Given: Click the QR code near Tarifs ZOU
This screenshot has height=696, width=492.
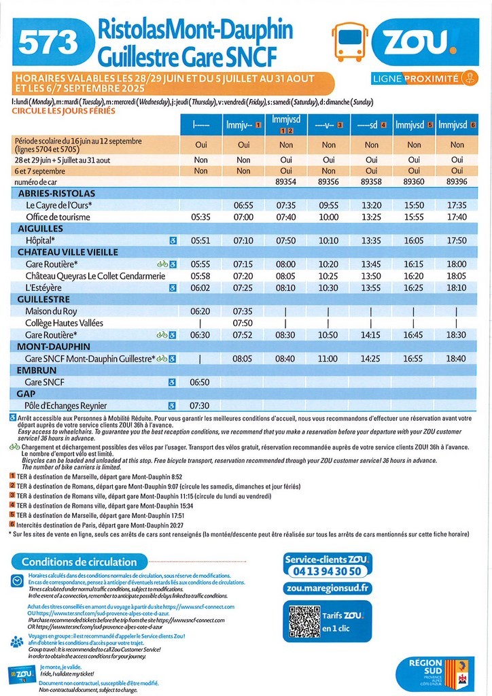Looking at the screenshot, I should point(303,620).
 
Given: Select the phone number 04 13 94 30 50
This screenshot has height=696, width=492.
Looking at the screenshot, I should point(328,571).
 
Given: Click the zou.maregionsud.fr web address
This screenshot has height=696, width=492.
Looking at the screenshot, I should point(328,589).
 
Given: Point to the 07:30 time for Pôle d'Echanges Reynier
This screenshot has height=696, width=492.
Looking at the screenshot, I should point(201,406).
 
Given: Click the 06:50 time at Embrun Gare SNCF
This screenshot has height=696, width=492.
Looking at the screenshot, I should point(201,383).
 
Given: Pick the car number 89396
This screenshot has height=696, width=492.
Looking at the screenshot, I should point(457,181).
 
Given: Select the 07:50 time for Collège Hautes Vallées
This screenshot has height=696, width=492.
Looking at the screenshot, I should point(243,323).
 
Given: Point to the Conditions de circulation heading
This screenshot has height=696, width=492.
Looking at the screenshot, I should point(79,562).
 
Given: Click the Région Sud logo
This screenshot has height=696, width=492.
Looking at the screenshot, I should point(435,673).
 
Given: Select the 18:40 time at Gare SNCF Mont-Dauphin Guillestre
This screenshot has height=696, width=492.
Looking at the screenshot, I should point(457,358).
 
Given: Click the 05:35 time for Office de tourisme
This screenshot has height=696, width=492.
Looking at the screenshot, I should point(201,217).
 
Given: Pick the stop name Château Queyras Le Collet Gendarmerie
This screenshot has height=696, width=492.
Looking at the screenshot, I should point(95,276).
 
